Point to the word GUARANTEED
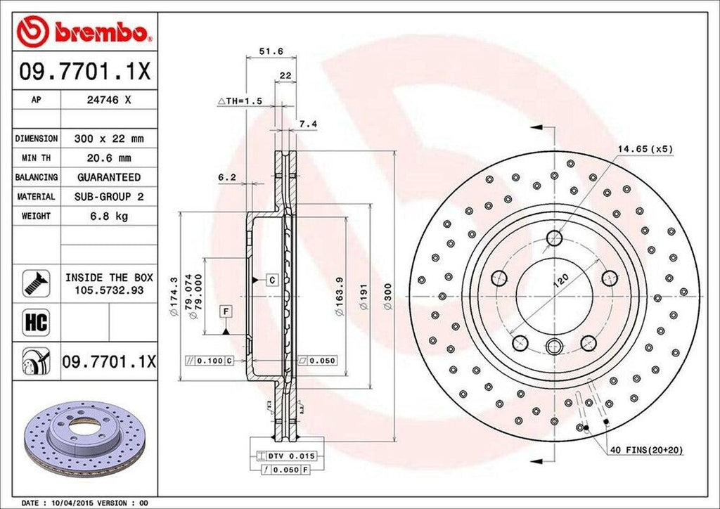click(x=109, y=177)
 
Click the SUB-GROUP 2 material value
click(x=109, y=197)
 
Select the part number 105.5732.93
click(x=109, y=289)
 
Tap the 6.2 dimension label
click(x=226, y=178)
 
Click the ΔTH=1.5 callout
click(x=240, y=101)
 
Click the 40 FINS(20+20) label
click(x=645, y=449)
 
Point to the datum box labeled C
click(x=272, y=280)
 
